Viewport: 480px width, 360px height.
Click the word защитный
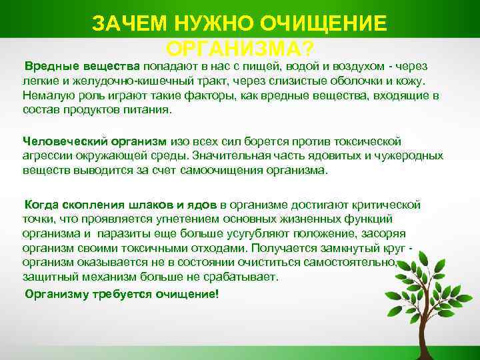[x=49, y=277]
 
